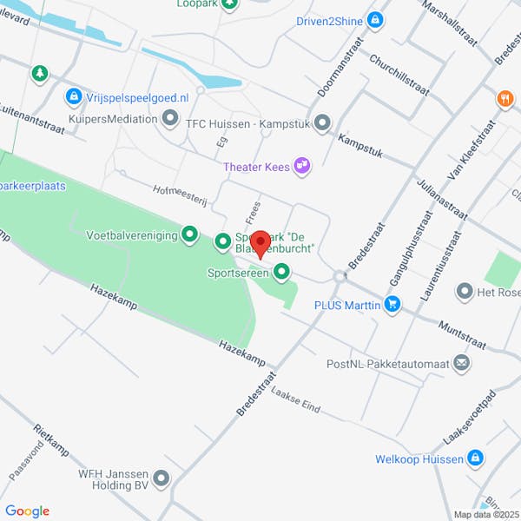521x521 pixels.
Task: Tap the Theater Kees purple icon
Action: pyautogui.click(x=301, y=165)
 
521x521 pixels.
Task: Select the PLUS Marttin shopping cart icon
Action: pyautogui.click(x=393, y=304)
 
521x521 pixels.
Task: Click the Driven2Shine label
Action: pyautogui.click(x=326, y=18)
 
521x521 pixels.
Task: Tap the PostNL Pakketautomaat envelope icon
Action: pyautogui.click(x=462, y=362)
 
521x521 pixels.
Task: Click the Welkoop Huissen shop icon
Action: pyautogui.click(x=474, y=458)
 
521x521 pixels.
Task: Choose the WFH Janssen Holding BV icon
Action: pyautogui.click(x=162, y=478)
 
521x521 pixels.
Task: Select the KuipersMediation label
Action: pyautogui.click(x=113, y=119)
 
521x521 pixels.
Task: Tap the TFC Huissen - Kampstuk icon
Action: pyautogui.click(x=322, y=122)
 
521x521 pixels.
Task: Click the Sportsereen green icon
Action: pyautogui.click(x=281, y=274)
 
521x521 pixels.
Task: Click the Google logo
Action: pyautogui.click(x=27, y=511)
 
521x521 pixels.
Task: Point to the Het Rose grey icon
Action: pyautogui.click(x=465, y=292)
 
